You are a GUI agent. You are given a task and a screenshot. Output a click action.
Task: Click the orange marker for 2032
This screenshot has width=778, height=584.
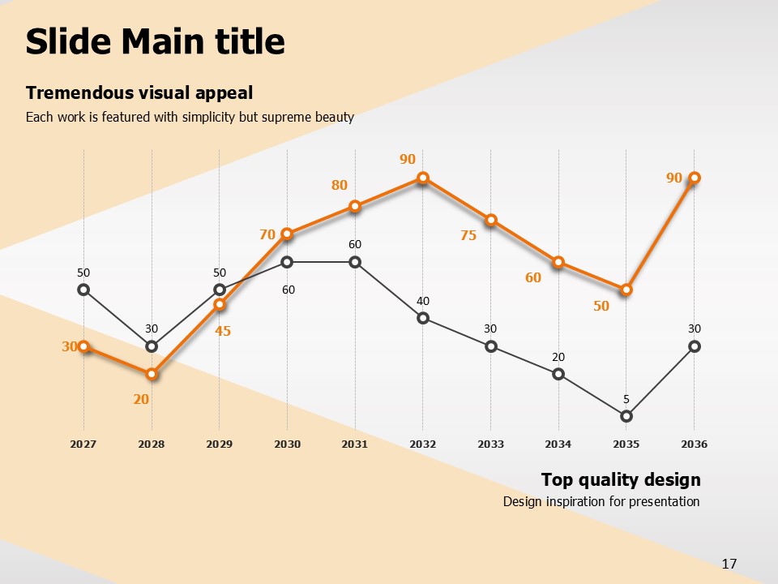coord(423,178)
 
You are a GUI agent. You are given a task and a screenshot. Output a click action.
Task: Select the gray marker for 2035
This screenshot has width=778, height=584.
coord(626,416)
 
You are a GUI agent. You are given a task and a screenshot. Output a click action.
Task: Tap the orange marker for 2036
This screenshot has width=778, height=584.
coord(695,178)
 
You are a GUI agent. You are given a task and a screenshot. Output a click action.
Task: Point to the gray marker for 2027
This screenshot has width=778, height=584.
coord(83,290)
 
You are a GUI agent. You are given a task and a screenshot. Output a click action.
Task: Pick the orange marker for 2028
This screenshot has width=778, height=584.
coord(152,374)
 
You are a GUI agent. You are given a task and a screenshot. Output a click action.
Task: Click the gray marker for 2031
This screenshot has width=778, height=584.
coord(355,262)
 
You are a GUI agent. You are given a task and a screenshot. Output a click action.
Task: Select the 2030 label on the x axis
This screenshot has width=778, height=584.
coord(287,444)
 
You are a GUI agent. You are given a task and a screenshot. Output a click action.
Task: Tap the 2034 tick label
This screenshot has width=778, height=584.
coord(558,444)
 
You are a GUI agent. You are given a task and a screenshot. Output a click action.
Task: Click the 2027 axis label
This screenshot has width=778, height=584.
coord(83,444)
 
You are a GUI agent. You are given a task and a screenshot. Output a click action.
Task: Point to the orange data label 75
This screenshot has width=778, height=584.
coord(468,236)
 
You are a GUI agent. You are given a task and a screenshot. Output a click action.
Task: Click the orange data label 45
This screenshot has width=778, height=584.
coord(223,331)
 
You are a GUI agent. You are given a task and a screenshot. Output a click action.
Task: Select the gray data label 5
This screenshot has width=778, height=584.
coord(626,399)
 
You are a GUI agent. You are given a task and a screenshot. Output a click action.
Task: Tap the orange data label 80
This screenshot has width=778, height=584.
coord(339,185)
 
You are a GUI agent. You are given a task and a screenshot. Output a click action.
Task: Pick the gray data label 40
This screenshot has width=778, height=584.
coord(423,301)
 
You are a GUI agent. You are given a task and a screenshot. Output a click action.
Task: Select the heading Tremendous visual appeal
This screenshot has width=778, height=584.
coord(139,92)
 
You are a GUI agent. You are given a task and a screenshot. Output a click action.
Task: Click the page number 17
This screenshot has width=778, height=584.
coord(729,564)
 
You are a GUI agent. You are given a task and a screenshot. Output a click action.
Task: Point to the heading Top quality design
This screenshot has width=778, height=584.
coord(621,479)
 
